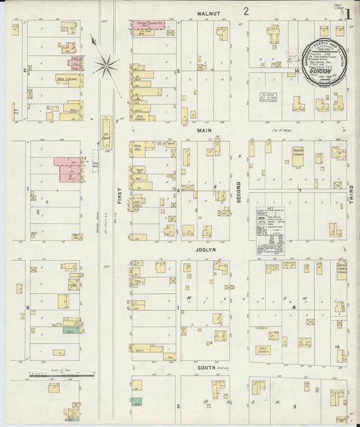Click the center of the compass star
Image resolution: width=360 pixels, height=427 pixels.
(106, 66)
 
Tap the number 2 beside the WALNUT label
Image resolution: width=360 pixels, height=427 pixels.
(247, 11)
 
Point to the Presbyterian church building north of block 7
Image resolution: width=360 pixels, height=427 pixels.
(297, 155)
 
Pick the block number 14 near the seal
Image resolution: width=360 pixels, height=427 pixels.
(297, 70)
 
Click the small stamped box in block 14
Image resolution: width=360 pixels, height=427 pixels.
(270, 98)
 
